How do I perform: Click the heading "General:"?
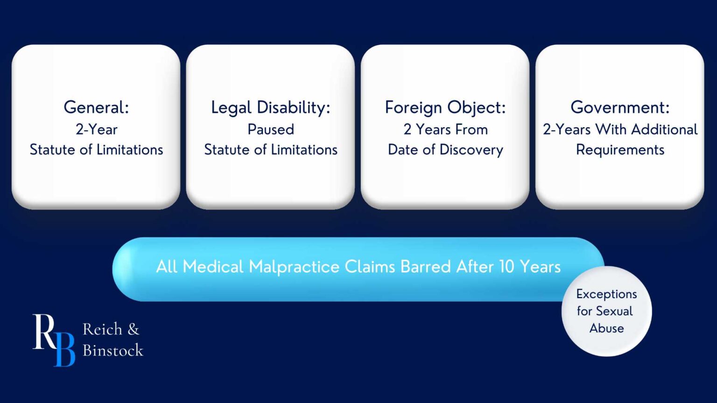pos(96,107)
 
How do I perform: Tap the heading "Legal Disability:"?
pos(270,107)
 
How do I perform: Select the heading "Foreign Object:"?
pos(445,107)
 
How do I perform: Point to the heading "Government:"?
pos(620,107)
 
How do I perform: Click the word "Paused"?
pos(271,129)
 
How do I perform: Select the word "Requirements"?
pos(620,150)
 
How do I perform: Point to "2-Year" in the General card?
pos(97,129)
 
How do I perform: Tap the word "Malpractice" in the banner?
pos(294,267)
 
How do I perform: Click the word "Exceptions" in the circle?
pos(606,294)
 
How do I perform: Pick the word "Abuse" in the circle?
pos(606,328)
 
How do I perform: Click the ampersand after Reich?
pos(133,329)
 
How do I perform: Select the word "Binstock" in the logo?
pos(113,350)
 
